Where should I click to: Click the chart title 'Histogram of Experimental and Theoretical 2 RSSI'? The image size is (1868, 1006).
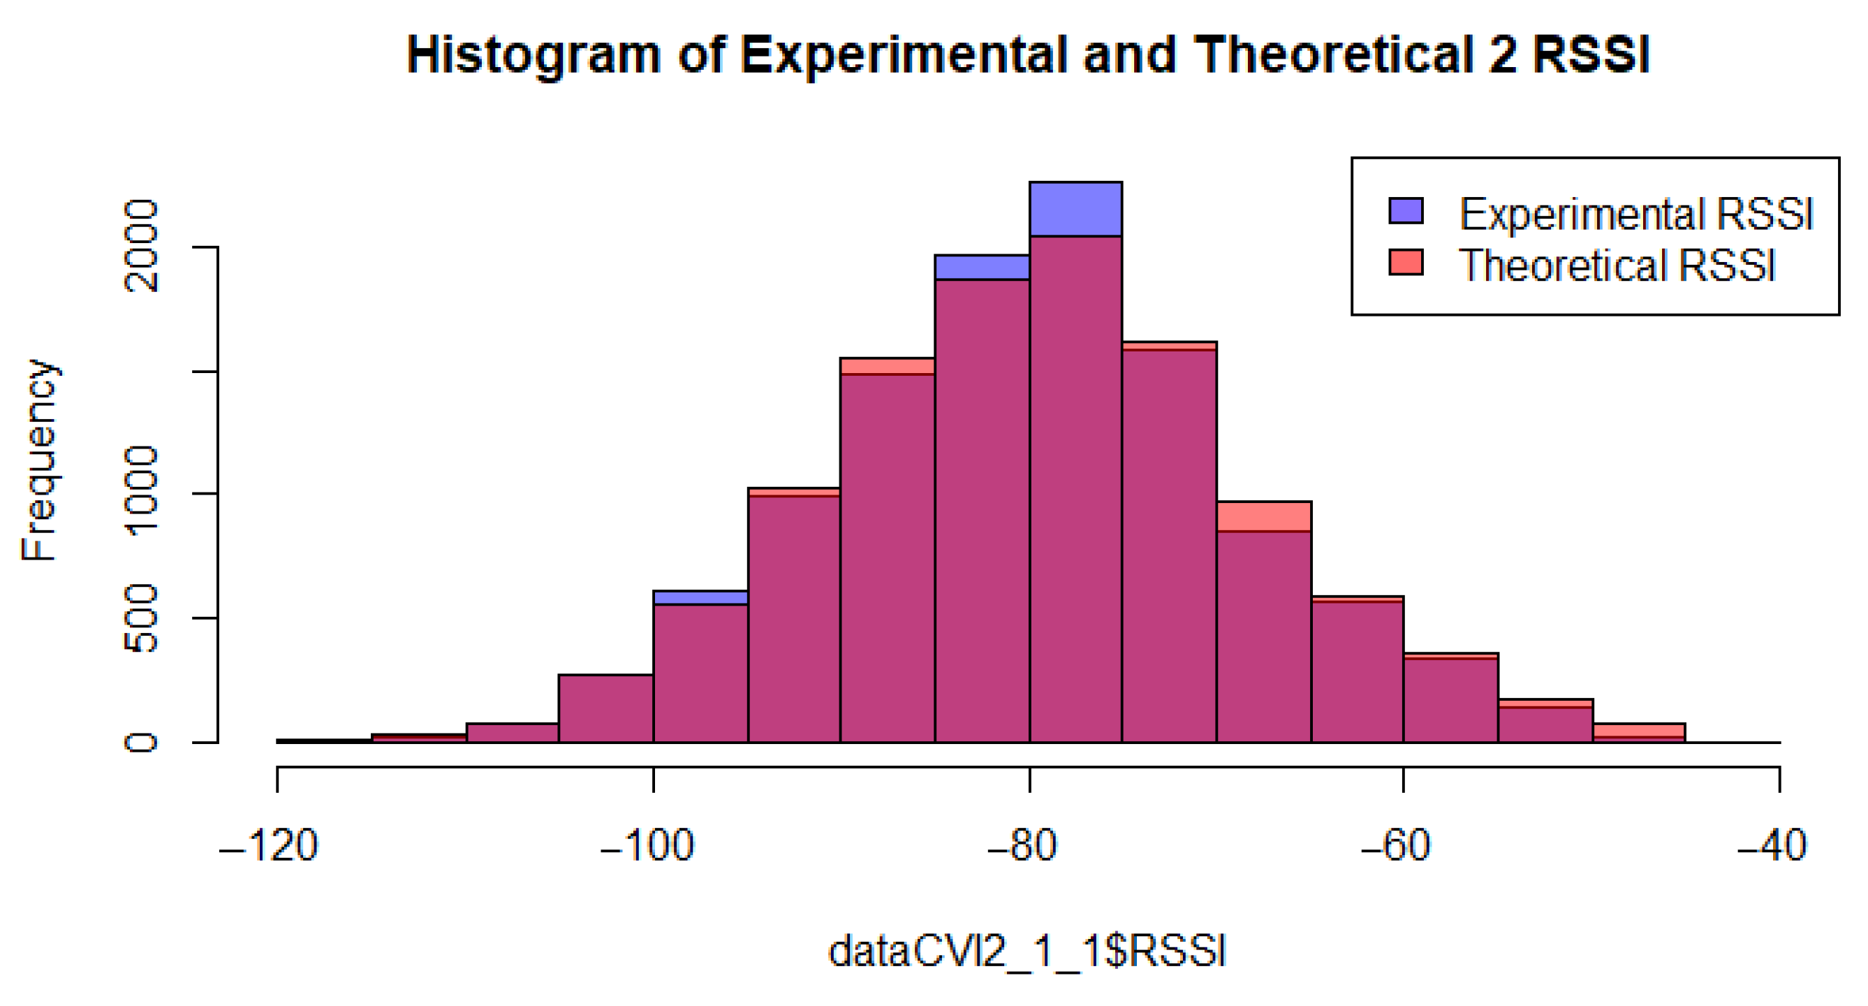click(x=1027, y=55)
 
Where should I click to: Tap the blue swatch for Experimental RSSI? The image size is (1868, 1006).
click(x=1405, y=210)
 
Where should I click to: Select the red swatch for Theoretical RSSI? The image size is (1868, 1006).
click(x=1405, y=262)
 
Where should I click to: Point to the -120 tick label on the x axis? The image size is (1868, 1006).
click(x=269, y=846)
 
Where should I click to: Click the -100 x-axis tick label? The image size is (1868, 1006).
click(x=647, y=846)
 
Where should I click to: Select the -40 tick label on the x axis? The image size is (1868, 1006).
click(x=1772, y=846)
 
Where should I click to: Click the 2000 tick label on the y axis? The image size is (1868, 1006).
click(x=140, y=246)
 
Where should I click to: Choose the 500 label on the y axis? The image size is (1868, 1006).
click(x=140, y=618)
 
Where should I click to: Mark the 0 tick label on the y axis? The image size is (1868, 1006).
click(x=140, y=742)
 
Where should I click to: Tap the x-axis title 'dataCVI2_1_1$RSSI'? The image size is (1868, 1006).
click(x=1027, y=952)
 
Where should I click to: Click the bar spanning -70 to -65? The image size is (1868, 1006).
click(x=1264, y=631)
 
